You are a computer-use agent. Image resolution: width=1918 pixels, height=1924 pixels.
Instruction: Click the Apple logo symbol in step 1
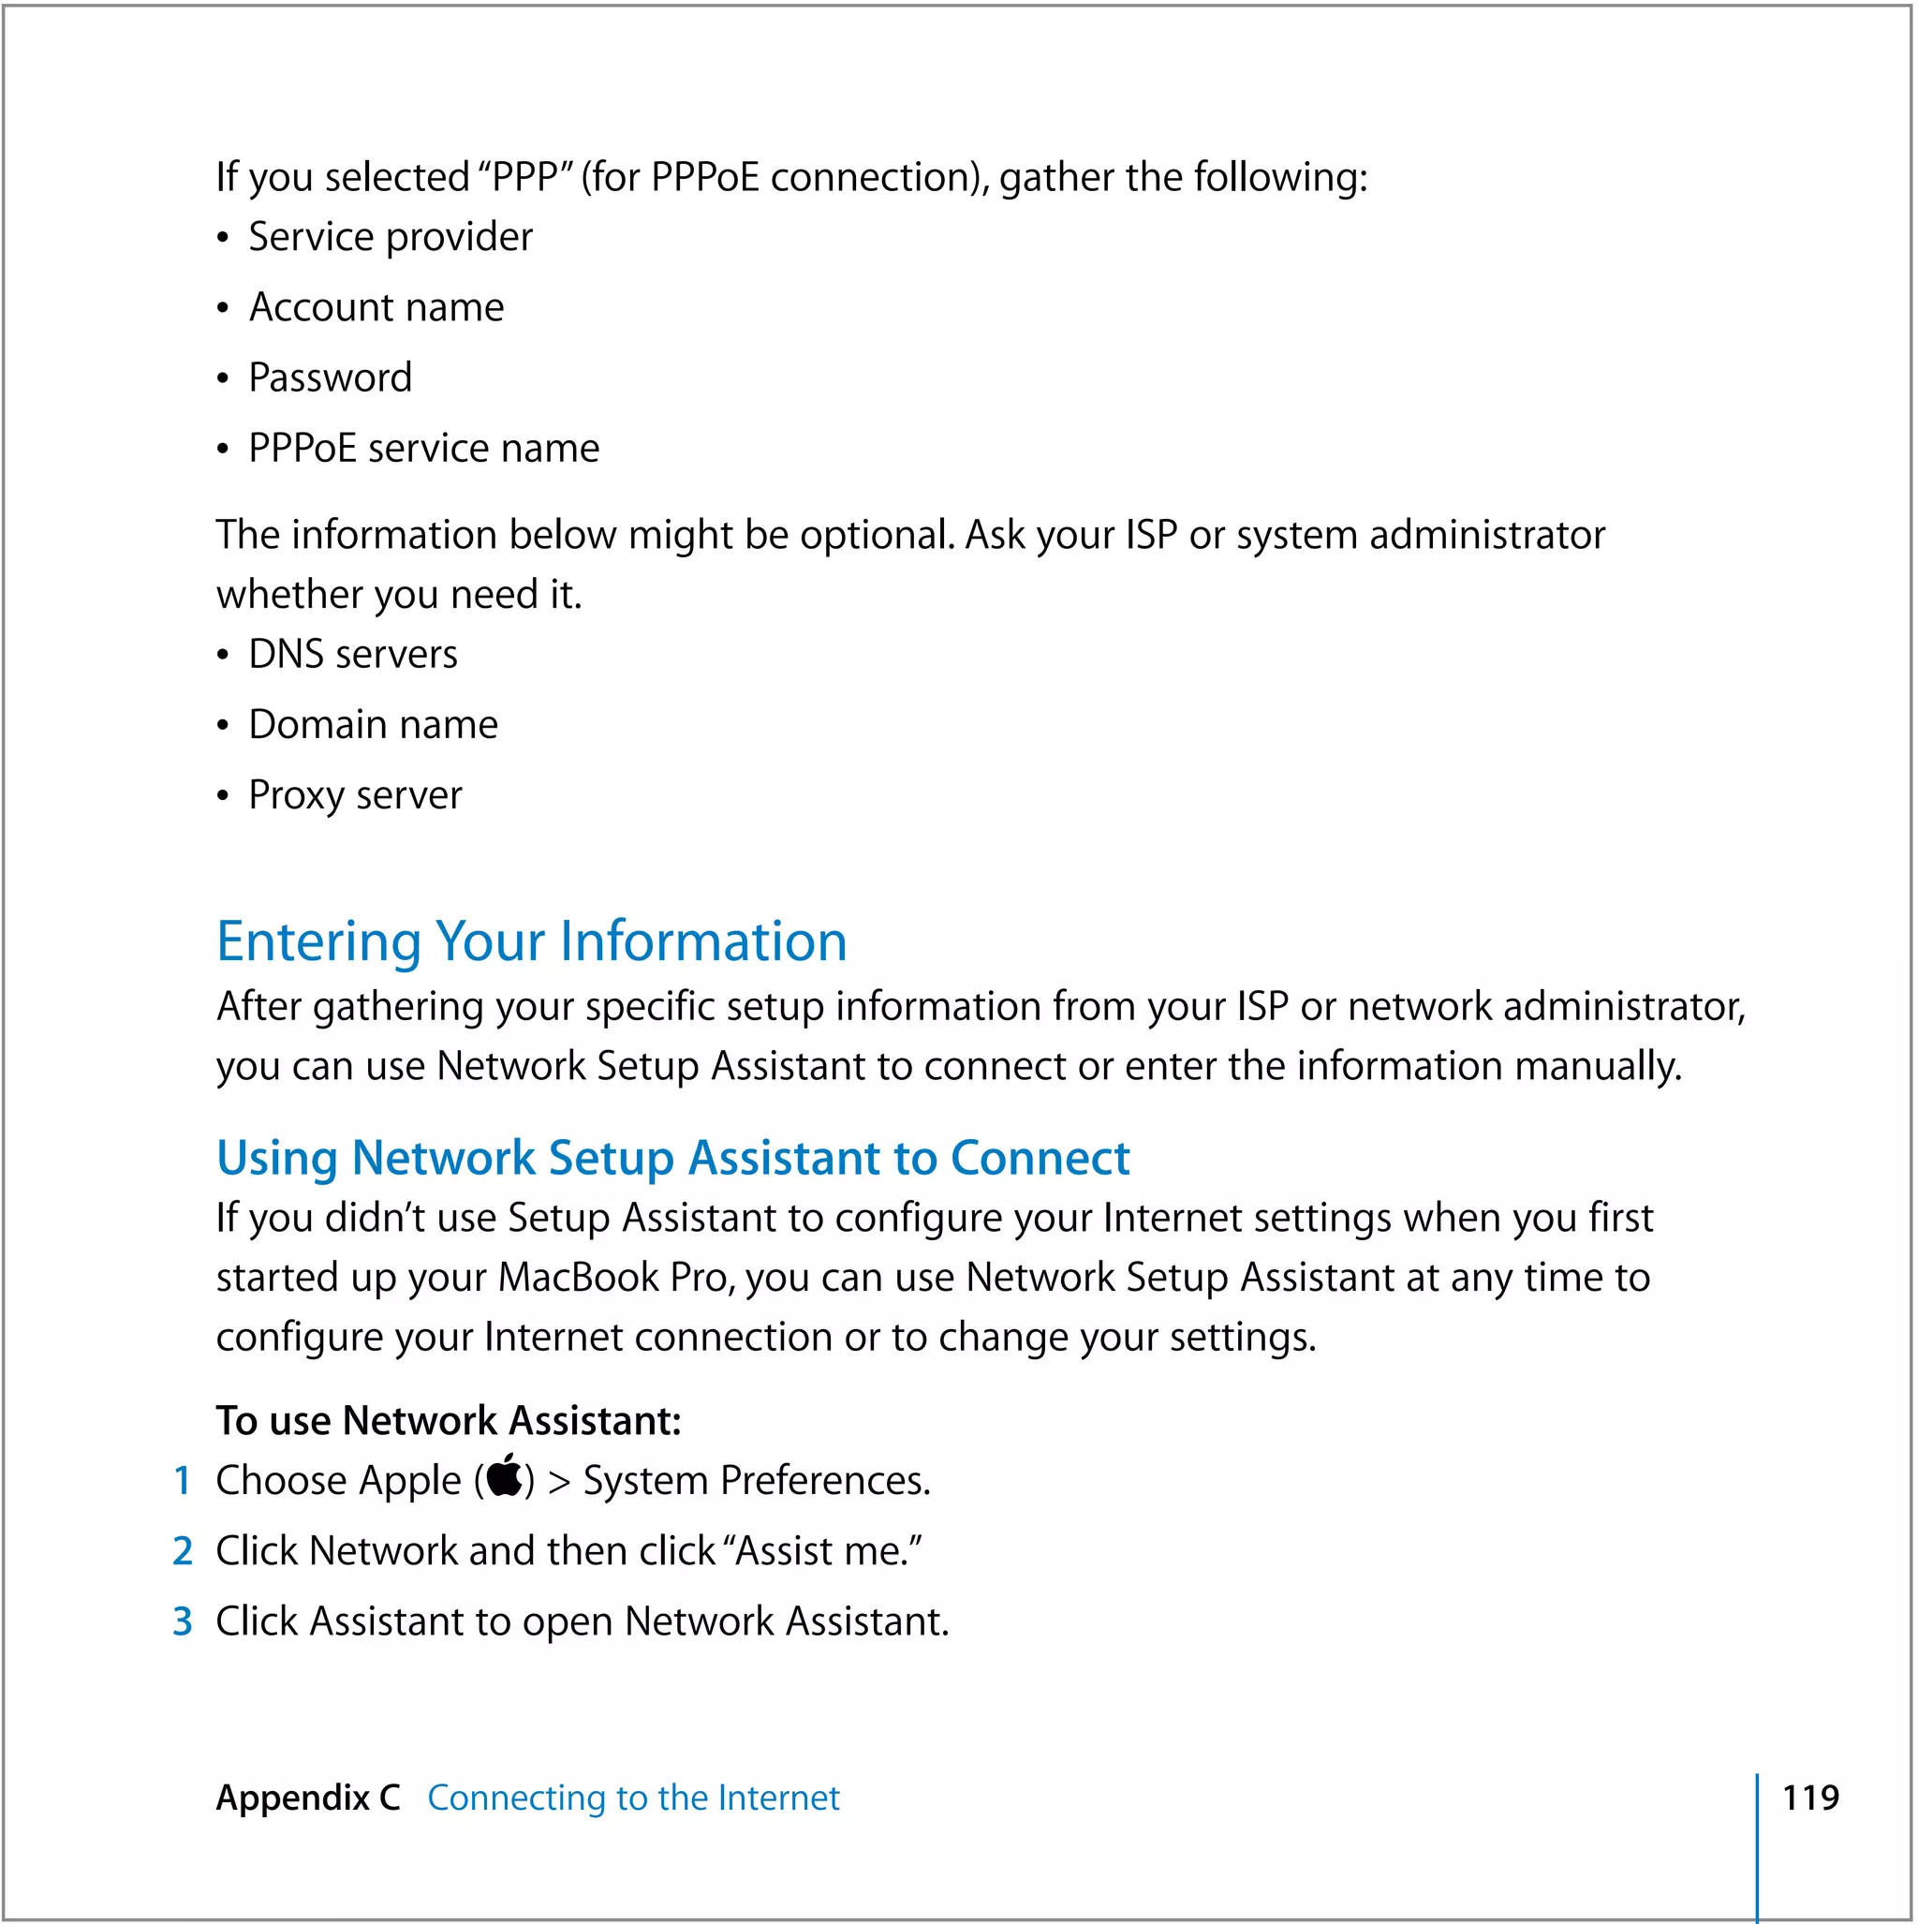(505, 1476)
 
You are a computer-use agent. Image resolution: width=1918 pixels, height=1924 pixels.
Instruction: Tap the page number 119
(1809, 1798)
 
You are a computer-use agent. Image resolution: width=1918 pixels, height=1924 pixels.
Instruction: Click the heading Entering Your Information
(531, 941)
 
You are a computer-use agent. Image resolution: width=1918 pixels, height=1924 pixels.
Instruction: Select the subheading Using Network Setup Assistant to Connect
(672, 1157)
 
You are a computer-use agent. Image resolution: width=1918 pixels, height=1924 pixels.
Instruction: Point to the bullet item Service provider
(390, 237)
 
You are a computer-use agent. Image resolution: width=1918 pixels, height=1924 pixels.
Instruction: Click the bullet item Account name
(376, 306)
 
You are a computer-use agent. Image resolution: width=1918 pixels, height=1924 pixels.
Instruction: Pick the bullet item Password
(330, 377)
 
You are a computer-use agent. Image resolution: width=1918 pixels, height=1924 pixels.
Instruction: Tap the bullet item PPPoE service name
(423, 448)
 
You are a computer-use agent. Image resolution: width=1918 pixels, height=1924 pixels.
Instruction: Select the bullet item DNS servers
(352, 654)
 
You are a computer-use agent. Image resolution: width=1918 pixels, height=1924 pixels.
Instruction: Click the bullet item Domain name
(373, 724)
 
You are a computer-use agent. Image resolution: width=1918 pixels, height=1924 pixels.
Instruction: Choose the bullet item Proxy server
(355, 794)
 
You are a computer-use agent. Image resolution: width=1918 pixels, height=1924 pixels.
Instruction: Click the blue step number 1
(183, 1481)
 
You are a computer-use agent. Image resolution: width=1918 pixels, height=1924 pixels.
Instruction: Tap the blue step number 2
(183, 1550)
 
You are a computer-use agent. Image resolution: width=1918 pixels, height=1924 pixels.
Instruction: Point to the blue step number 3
(183, 1621)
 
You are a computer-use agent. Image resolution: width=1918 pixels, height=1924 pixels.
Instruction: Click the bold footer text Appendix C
(308, 1798)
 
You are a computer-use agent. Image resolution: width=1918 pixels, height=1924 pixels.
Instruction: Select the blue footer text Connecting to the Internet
(633, 1798)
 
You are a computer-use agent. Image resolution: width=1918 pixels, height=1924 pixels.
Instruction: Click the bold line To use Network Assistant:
(449, 1420)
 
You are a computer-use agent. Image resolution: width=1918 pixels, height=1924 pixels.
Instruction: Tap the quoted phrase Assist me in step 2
(820, 1550)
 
